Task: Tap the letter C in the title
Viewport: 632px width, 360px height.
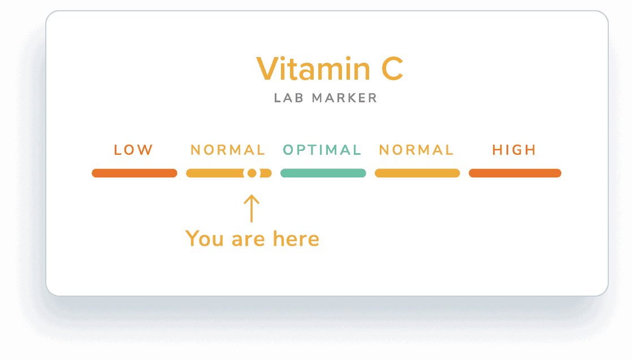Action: (392, 69)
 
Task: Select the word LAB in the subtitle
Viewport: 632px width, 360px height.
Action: (288, 98)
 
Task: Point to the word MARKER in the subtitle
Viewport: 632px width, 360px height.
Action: (345, 98)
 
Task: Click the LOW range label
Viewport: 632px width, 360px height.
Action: (133, 150)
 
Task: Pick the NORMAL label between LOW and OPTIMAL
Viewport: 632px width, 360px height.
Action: (228, 150)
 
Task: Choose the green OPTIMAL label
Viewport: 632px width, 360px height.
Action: (322, 150)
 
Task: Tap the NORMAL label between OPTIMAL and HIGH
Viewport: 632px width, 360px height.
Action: (417, 150)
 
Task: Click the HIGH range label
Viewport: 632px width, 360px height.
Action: (514, 150)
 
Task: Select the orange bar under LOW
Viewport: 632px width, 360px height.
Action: (135, 173)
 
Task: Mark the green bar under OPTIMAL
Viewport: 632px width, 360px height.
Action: (323, 173)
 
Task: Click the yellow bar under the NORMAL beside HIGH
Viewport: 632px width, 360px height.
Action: (418, 173)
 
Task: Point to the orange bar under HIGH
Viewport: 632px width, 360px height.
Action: (515, 173)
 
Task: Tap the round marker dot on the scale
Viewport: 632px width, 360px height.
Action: (252, 173)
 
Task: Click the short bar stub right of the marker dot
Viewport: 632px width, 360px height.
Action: (266, 173)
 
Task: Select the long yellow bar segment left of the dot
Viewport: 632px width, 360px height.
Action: (215, 173)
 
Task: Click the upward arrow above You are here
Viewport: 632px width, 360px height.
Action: (252, 209)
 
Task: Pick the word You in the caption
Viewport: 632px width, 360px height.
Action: (204, 238)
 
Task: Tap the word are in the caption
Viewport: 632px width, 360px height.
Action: (248, 240)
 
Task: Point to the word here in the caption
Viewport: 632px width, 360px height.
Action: (296, 238)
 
